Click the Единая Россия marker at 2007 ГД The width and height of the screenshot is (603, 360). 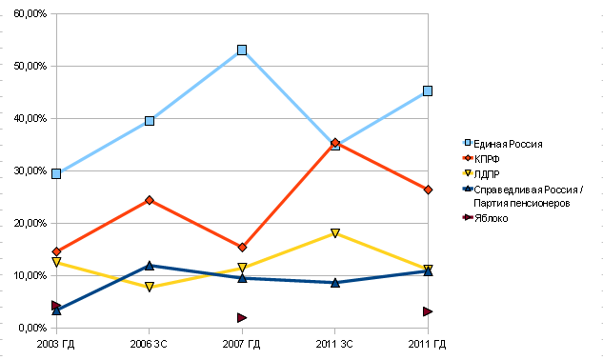coord(242,50)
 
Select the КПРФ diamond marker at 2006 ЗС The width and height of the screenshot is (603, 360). coord(150,200)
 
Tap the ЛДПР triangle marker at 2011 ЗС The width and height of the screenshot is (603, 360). coord(335,233)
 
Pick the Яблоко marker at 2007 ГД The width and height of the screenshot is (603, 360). coord(242,317)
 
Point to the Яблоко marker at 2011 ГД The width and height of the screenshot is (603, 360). coord(428,311)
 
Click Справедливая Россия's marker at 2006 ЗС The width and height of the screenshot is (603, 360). coord(150,266)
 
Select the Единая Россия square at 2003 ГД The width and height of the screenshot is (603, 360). coord(57,173)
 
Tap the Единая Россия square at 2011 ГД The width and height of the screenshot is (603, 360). coord(428,91)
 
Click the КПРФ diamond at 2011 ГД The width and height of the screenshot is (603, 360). coord(428,190)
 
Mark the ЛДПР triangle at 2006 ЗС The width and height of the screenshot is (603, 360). coord(150,287)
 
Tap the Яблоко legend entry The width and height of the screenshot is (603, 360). coord(491,218)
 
